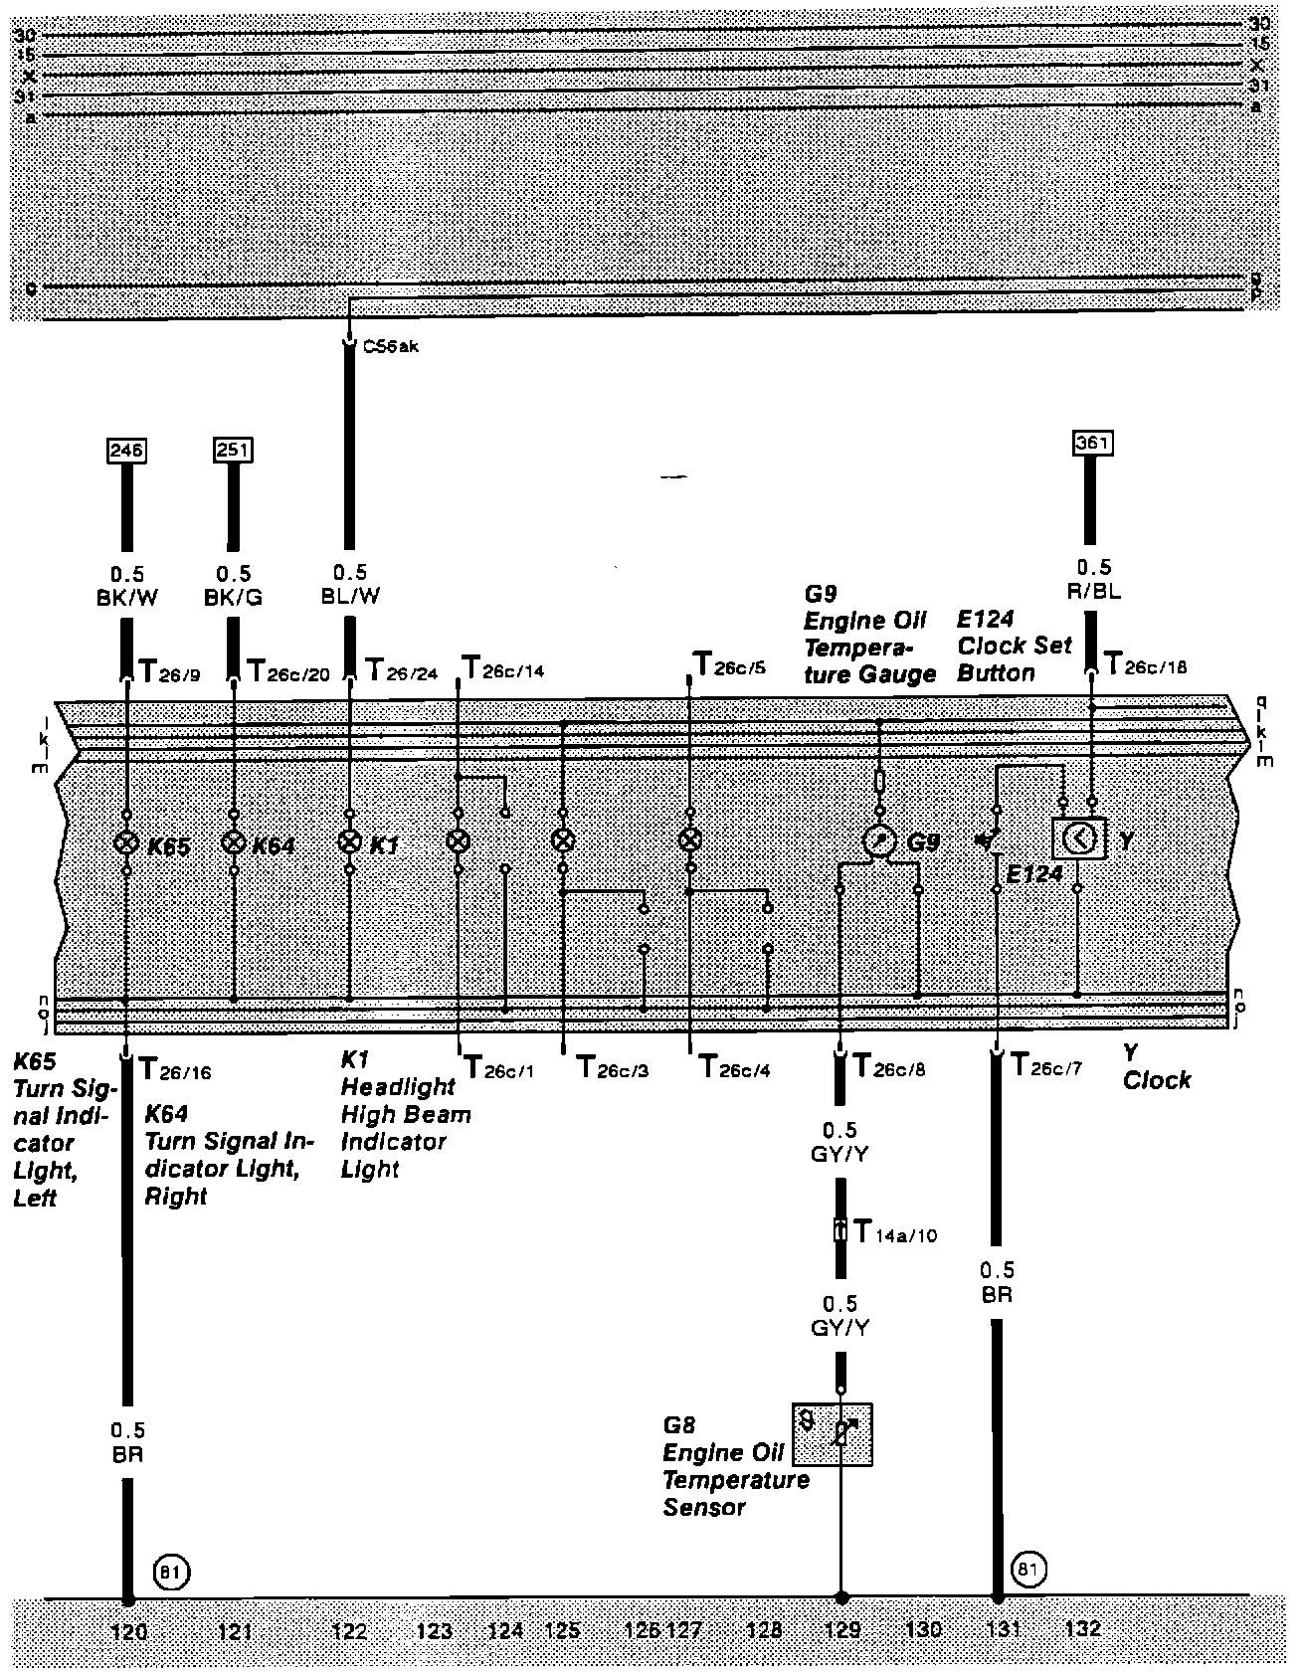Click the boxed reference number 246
pos(126,451)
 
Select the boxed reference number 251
pos(233,451)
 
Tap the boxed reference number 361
pos(1092,443)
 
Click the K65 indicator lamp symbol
pos(126,843)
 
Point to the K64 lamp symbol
pos(233,843)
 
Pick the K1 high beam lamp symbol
pos(349,842)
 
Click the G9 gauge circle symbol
pos(879,841)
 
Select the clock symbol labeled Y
pos(1078,839)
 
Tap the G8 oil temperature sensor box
pos(834,1434)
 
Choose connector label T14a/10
pos(895,1233)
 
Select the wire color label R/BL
pos(1093,590)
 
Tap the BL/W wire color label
pos(349,596)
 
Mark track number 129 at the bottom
pos(841,1630)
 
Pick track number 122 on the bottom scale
pos(349,1630)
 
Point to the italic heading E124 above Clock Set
pos(986,620)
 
